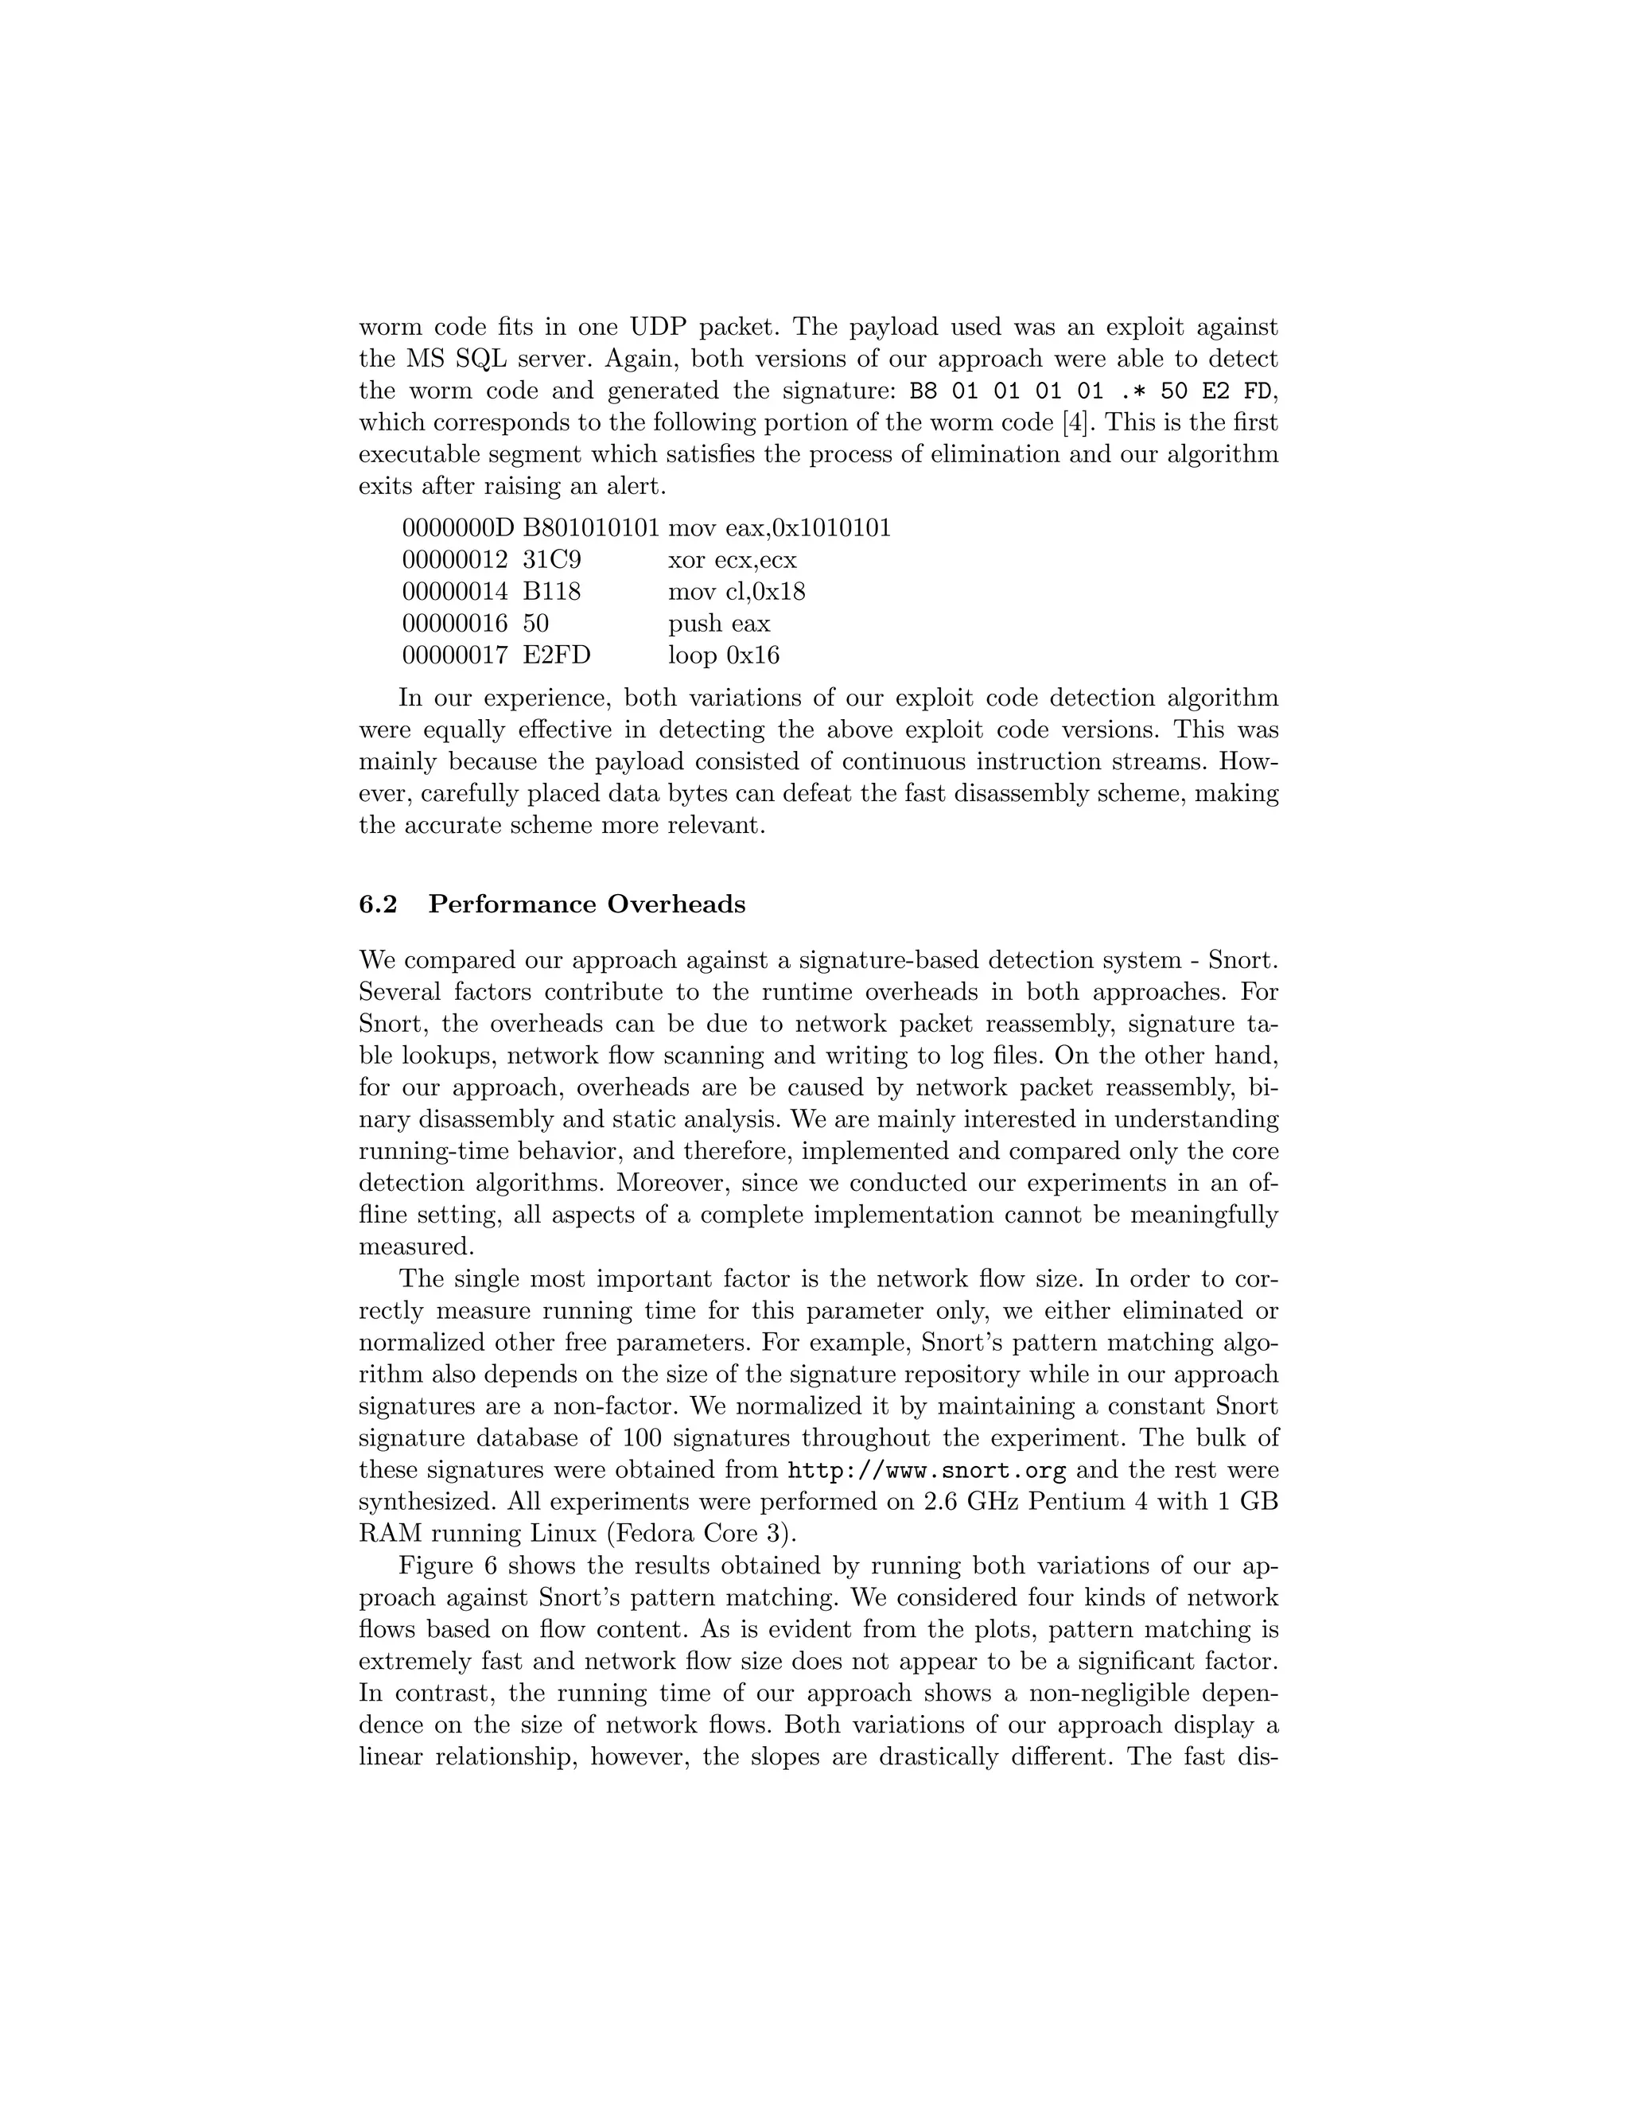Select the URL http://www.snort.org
point(927,1470)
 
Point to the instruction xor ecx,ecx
point(733,560)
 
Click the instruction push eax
point(719,624)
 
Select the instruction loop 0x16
point(724,655)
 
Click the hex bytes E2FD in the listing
point(557,655)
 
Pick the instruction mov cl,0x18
point(737,592)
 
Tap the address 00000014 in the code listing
point(454,592)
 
